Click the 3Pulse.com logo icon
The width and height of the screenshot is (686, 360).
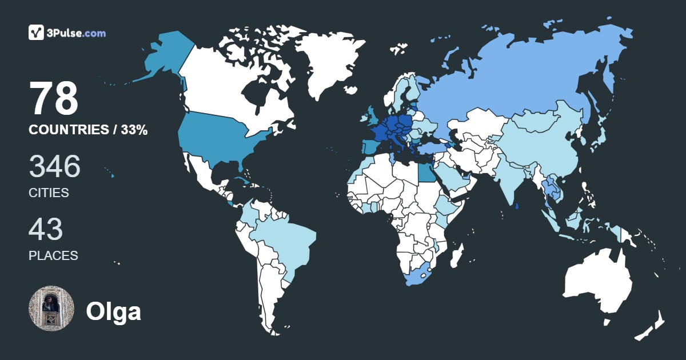tap(37, 33)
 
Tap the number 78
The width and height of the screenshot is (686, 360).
tap(54, 99)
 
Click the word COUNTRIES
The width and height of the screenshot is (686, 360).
tap(68, 130)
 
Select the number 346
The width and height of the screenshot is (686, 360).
tap(55, 166)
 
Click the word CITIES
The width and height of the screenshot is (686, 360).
tap(49, 193)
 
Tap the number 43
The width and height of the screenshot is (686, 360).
tap(46, 229)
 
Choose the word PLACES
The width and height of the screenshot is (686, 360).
tap(53, 255)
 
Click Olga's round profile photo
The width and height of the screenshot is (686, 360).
tap(51, 309)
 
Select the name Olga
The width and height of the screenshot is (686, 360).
tap(113, 311)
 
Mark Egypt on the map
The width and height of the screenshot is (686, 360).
tap(424, 170)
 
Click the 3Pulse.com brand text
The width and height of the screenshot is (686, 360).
tap(77, 33)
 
